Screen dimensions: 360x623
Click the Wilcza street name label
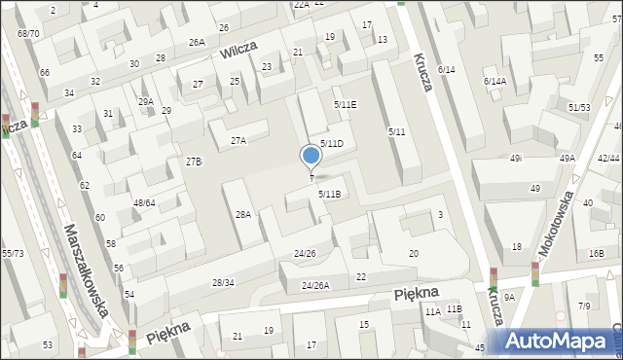tap(242, 51)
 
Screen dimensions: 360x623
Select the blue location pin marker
tap(311, 157)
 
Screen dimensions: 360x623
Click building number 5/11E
tap(345, 104)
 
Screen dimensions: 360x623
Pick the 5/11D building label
tap(332, 143)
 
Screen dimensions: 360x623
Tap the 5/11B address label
tap(330, 194)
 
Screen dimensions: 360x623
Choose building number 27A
tap(238, 141)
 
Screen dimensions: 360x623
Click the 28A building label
tap(243, 214)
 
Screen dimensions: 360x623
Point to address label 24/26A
tap(314, 285)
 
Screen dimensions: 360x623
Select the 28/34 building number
tap(223, 282)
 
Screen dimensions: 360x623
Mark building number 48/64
tap(144, 202)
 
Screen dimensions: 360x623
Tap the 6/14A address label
tap(495, 82)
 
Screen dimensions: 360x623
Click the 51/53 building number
tap(579, 107)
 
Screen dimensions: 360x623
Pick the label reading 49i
tap(516, 158)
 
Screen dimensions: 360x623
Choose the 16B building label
tap(596, 253)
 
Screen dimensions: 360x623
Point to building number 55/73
tap(13, 252)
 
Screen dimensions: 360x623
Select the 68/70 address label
tap(28, 33)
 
